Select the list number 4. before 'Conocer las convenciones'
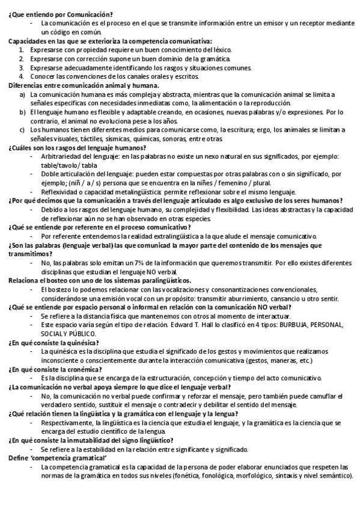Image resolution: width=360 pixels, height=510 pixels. pyautogui.click(x=21, y=76)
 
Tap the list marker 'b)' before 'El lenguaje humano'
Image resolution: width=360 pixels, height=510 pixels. pyautogui.click(x=22, y=112)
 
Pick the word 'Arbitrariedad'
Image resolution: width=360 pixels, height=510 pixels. pyautogui.click(x=62, y=156)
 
